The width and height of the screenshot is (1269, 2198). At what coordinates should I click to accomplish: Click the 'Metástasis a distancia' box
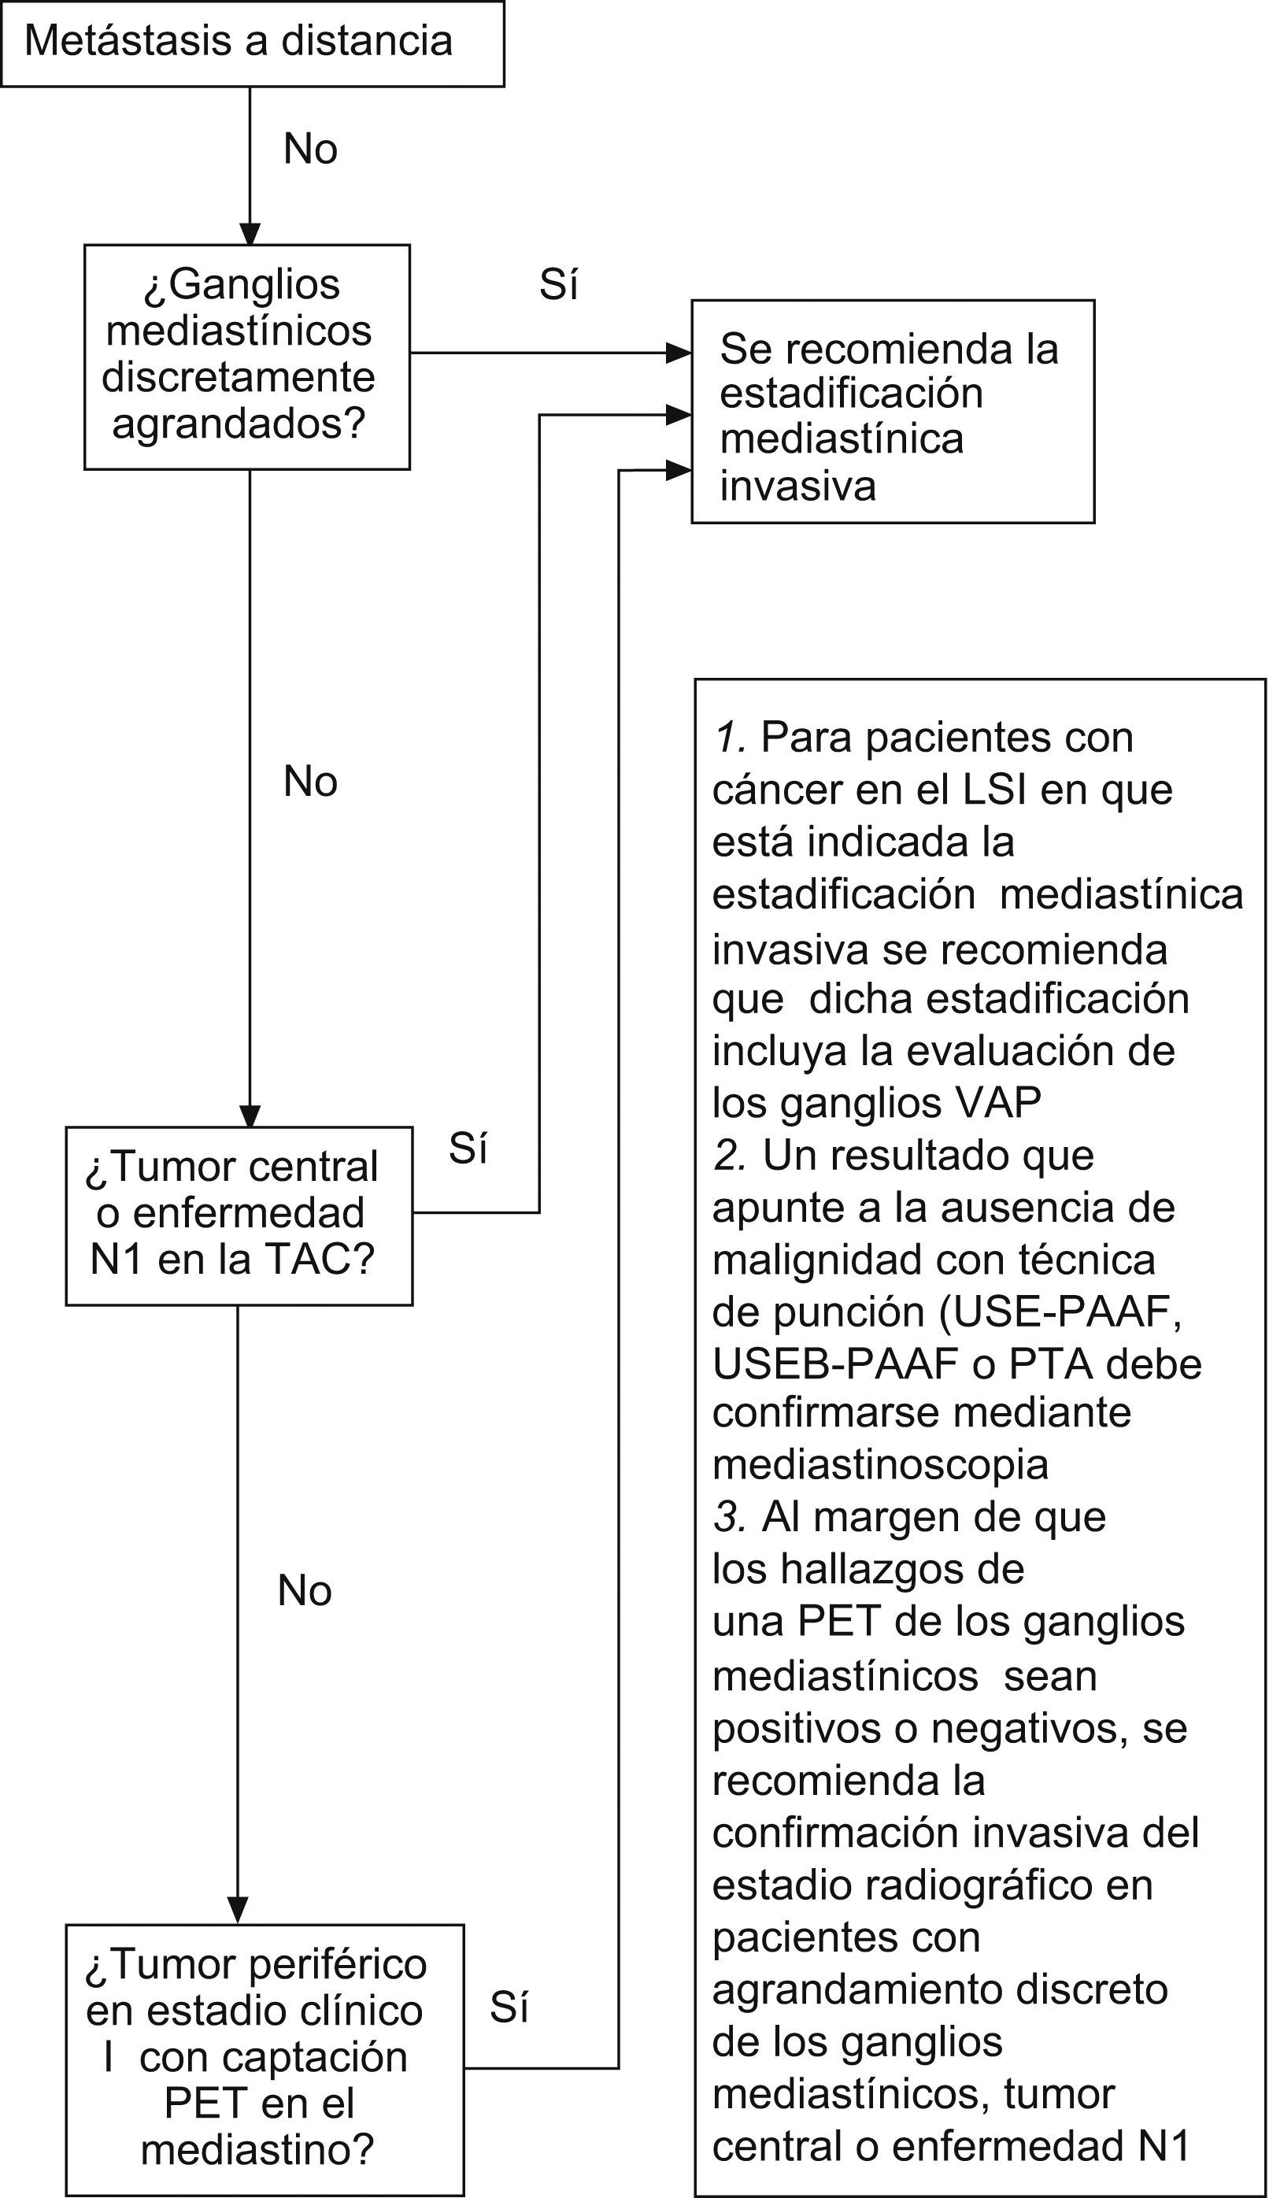[252, 43]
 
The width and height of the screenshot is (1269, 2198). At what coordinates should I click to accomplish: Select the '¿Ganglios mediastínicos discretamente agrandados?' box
[246, 357]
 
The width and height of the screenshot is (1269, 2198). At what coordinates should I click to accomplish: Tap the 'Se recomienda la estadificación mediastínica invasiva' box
[892, 412]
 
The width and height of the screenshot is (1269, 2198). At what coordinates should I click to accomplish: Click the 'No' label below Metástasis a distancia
[310, 149]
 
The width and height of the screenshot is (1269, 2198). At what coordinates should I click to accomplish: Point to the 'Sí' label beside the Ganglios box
[559, 285]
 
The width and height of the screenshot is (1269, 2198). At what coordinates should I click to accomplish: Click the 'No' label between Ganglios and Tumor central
[310, 782]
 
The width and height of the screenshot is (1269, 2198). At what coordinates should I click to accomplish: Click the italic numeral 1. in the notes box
[730, 738]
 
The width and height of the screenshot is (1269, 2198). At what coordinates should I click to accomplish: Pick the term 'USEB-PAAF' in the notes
[835, 1364]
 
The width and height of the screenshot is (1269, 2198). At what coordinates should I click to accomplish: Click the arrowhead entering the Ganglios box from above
[250, 235]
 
